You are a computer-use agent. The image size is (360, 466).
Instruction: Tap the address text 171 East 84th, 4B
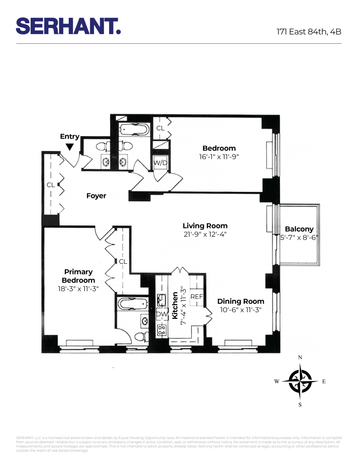tap(309, 32)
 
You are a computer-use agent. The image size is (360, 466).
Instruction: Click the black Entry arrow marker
tap(69, 147)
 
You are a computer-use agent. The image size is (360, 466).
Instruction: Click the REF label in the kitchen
tap(197, 296)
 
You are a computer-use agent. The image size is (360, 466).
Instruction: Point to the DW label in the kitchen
tap(162, 314)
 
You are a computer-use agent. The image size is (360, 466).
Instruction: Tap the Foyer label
tap(96, 196)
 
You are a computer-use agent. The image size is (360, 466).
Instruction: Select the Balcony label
tap(299, 229)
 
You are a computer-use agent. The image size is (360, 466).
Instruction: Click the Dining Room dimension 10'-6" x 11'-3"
tap(240, 310)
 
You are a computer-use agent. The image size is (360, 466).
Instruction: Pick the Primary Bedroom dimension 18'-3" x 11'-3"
tap(78, 289)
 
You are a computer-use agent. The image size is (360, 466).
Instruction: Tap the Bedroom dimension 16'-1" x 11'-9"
tap(218, 157)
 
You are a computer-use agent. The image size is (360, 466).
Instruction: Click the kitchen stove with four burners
tap(162, 330)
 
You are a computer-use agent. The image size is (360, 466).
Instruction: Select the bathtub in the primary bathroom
tap(133, 304)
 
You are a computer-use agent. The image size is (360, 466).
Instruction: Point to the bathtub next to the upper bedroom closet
tap(133, 129)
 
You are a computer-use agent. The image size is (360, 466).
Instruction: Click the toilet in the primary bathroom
tap(138, 336)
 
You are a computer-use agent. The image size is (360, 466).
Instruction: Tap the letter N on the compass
tap(300, 357)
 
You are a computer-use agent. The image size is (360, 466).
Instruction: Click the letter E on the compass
tap(324, 381)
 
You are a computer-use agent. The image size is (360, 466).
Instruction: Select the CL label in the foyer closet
tap(50, 185)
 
